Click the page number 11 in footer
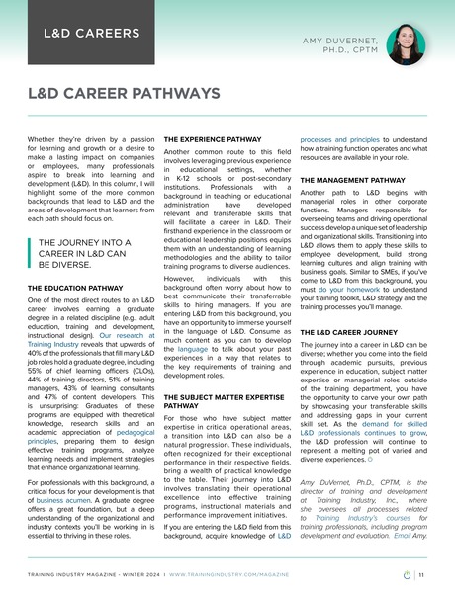tap(422, 572)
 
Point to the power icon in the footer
tap(409, 572)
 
